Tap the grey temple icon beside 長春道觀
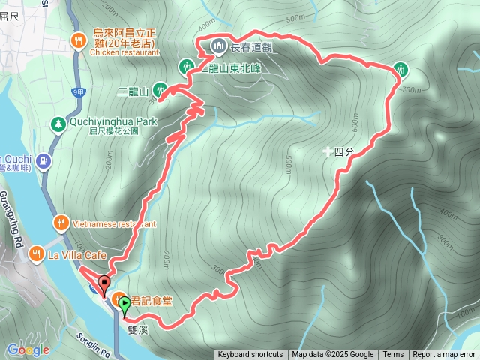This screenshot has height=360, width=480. click(x=219, y=46)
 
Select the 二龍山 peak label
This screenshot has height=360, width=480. click(x=133, y=91)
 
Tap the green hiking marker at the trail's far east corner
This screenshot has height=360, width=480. click(x=400, y=69)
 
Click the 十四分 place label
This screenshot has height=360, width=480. click(x=338, y=151)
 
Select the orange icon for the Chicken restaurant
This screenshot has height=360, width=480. click(x=78, y=41)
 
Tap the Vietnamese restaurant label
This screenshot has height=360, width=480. click(x=114, y=223)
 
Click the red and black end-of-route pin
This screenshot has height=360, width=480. click(x=103, y=284)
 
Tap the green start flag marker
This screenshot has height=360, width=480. click(x=124, y=303)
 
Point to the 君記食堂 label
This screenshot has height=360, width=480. click(x=153, y=301)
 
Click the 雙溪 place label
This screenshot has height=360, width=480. click(x=138, y=328)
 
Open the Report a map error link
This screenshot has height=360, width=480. click(x=444, y=355)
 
